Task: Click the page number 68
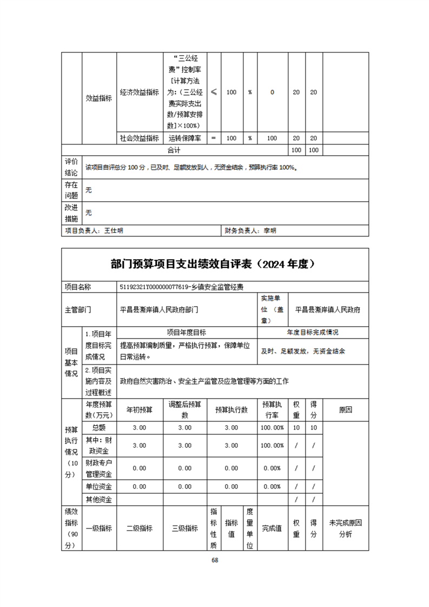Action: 215,560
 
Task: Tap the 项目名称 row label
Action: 78,287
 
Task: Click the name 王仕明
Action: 114,230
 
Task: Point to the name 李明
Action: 269,230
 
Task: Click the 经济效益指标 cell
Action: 140,92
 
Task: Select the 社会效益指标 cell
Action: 140,138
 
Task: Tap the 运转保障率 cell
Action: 185,138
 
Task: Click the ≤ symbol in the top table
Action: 214,92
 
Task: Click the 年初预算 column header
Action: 140,410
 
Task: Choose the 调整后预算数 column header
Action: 185,410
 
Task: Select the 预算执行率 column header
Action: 272,410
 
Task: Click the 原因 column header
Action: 345,410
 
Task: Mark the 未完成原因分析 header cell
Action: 345,528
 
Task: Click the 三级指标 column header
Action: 185,529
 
